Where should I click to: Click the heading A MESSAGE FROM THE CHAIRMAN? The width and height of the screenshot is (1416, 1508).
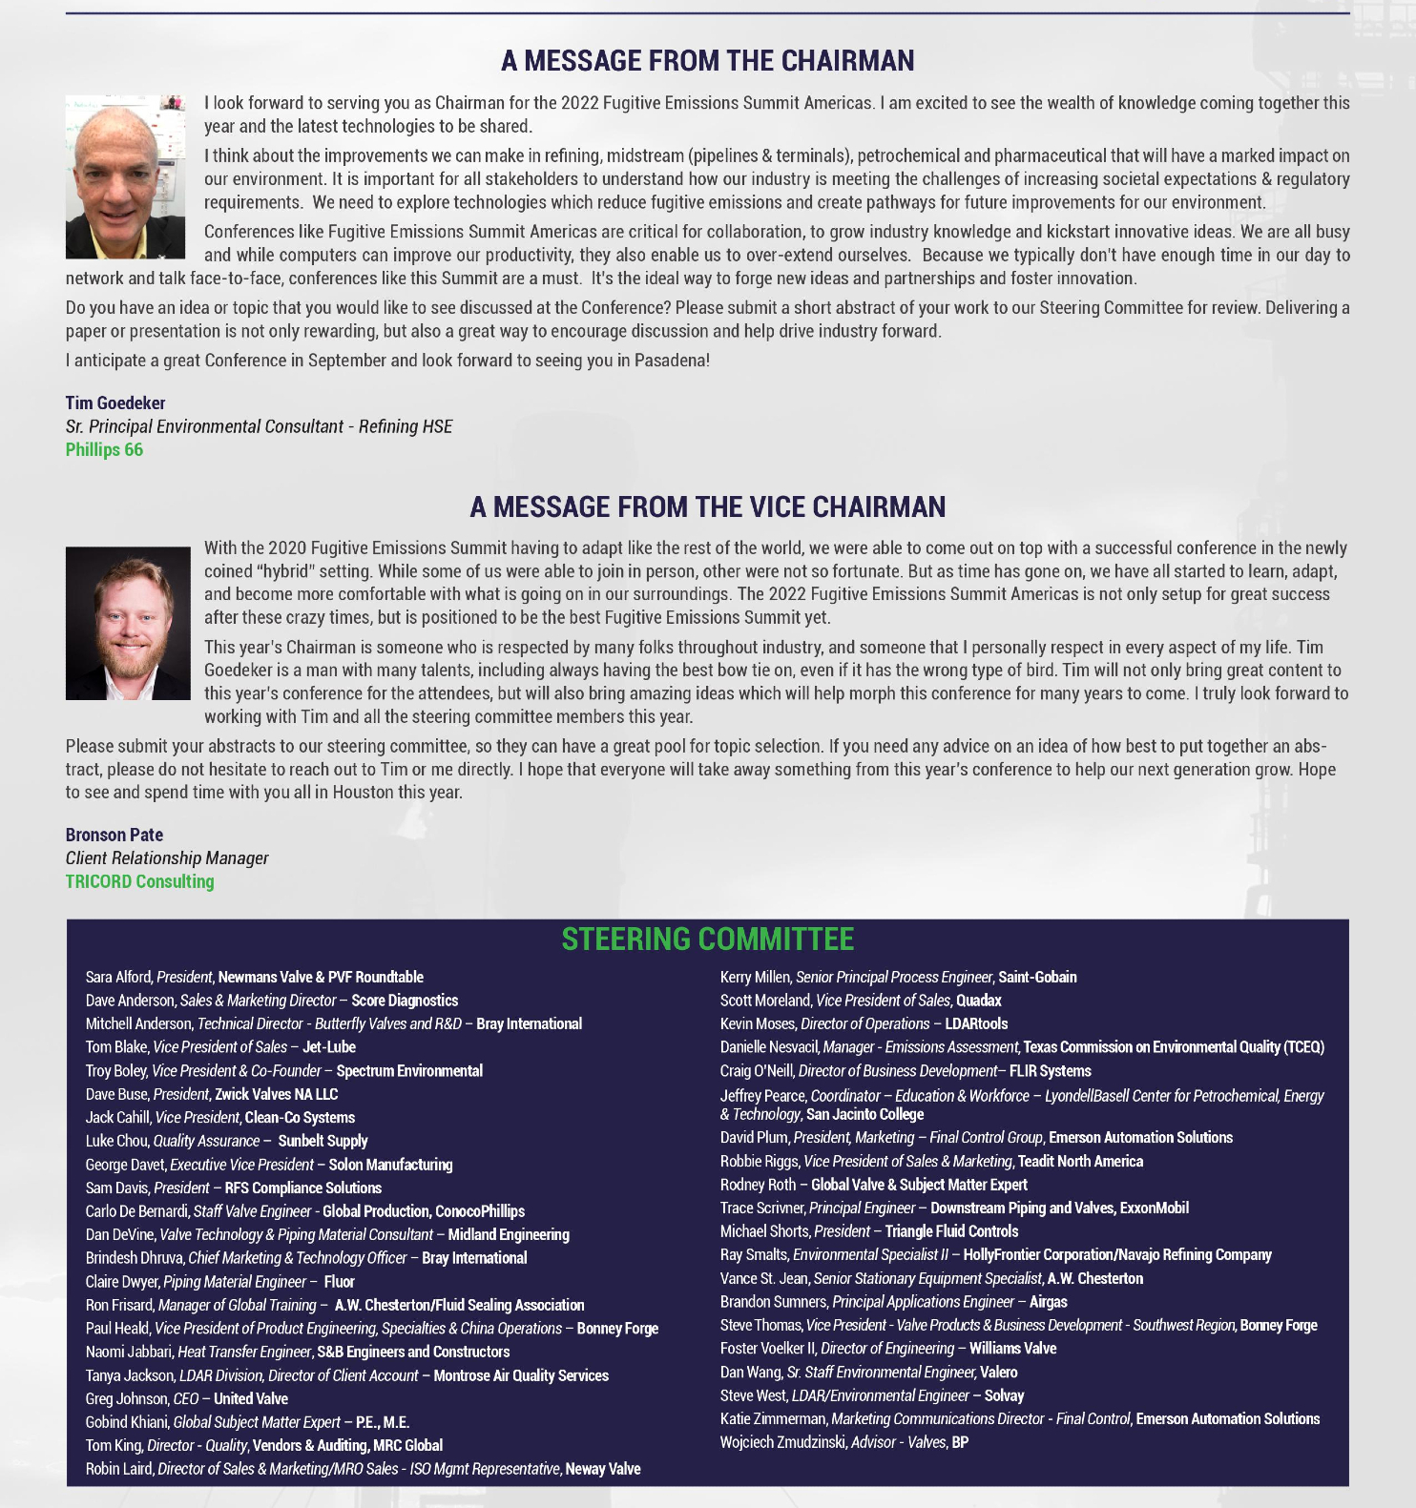coord(707,61)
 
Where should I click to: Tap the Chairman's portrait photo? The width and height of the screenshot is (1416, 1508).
coord(125,176)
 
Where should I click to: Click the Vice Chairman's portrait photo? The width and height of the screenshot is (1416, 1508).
coord(128,623)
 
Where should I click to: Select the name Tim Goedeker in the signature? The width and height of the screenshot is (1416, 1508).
coord(115,403)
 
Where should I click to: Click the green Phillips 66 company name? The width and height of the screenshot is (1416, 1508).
coord(104,450)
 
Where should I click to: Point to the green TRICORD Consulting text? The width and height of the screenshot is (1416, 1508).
coord(139,882)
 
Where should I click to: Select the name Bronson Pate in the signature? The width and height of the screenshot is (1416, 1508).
coord(115,836)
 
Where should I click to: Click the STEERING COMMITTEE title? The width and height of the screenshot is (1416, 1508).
coord(707,940)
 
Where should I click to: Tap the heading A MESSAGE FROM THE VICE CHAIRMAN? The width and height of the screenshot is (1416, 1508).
coord(707,507)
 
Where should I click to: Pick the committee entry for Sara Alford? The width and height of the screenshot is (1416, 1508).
coord(254,978)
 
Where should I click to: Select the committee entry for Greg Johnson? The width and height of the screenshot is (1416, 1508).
coord(186,1399)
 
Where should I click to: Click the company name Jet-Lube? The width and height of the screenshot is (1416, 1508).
coord(329,1047)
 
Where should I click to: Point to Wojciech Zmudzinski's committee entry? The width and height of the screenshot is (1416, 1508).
coord(843,1442)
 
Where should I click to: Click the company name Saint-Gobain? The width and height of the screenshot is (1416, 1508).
coord(1037,978)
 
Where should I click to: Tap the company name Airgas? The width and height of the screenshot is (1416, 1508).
coord(1048,1302)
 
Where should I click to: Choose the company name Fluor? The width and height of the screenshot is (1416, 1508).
coord(339,1282)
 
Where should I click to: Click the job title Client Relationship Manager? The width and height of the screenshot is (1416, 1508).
coord(167,858)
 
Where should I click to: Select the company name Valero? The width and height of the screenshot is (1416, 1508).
coord(999,1373)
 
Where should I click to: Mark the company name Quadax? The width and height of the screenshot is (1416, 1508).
coord(978,1001)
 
